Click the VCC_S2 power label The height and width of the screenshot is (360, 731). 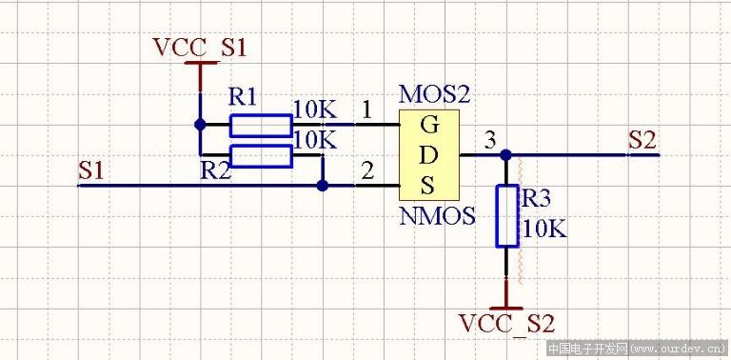[505, 323]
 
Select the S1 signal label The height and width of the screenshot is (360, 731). [90, 170]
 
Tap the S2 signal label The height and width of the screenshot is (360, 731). [642, 140]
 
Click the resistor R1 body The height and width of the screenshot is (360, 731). [261, 125]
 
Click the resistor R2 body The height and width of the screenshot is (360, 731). [261, 156]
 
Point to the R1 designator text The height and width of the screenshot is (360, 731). [243, 97]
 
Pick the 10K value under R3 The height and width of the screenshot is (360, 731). [543, 230]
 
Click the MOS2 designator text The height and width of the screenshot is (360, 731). [434, 93]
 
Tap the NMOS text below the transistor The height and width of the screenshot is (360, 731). [437, 216]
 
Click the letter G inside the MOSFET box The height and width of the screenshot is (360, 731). [429, 125]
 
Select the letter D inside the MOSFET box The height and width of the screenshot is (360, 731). [429, 154]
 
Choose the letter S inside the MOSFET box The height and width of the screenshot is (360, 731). [429, 183]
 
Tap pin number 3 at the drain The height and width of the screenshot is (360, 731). [489, 140]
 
